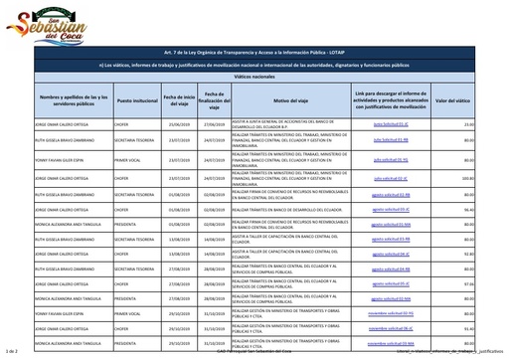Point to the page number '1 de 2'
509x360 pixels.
click(x=12, y=353)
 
